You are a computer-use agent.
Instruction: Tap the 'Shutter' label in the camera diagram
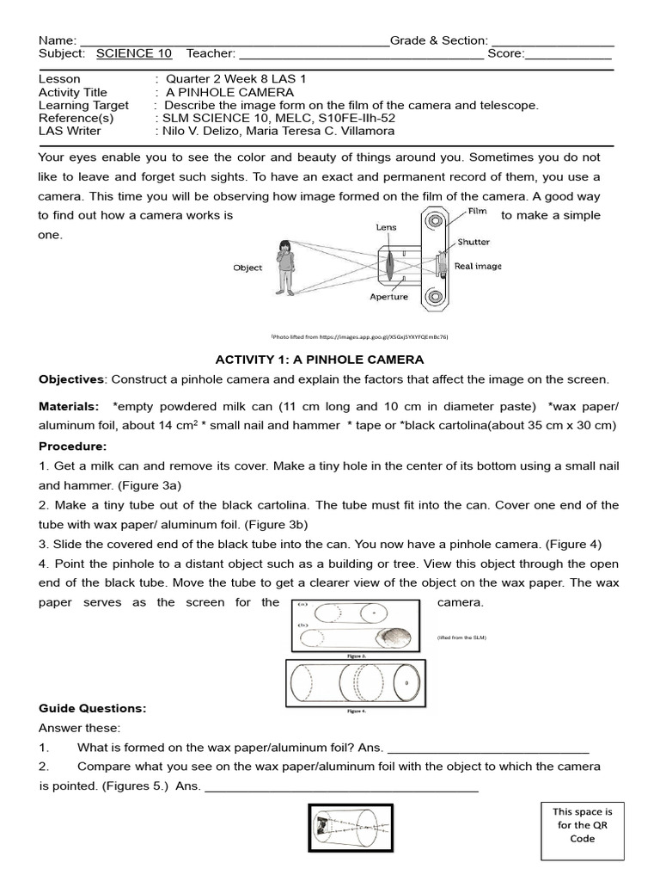point(474,243)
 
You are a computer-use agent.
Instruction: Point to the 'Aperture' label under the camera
point(388,298)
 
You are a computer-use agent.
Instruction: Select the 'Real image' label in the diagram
point(478,267)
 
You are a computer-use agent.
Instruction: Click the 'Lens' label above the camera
point(386,227)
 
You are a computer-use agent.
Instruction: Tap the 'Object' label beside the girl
point(247,268)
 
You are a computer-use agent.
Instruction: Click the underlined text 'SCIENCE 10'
point(134,53)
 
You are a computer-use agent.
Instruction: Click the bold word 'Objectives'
point(70,379)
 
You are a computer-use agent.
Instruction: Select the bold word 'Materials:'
point(69,406)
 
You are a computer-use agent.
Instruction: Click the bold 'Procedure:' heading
point(73,447)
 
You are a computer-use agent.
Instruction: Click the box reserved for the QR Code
point(582,830)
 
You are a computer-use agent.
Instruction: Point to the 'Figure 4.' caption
point(357,712)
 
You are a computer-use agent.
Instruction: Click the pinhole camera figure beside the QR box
point(350,828)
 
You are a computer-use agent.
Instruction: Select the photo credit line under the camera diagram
point(360,337)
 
